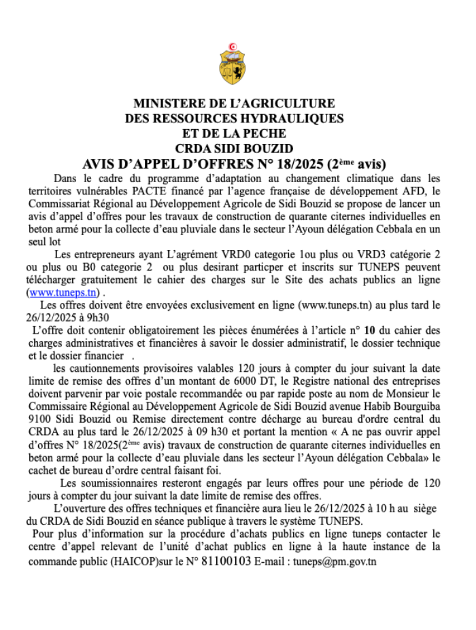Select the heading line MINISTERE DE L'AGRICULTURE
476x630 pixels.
click(x=234, y=104)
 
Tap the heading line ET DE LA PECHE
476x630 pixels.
click(x=234, y=133)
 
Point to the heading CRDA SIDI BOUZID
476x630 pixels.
click(x=234, y=148)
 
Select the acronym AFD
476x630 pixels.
click(x=420, y=192)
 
